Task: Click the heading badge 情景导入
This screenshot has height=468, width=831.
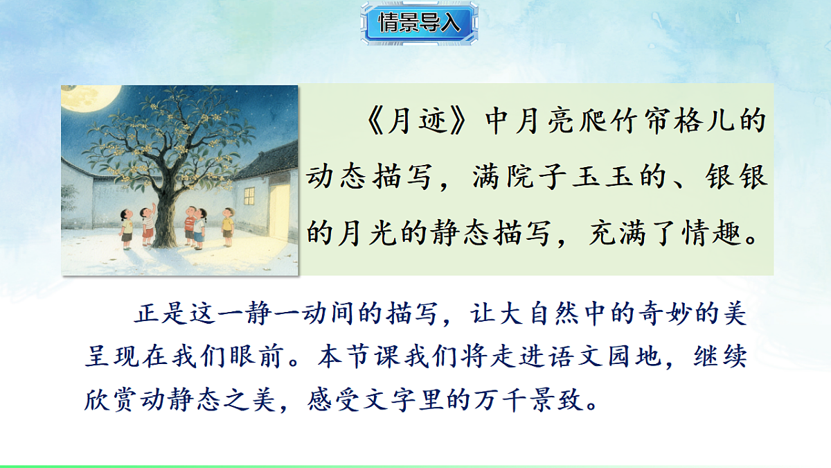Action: click(418, 23)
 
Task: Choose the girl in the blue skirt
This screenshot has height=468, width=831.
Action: click(199, 226)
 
